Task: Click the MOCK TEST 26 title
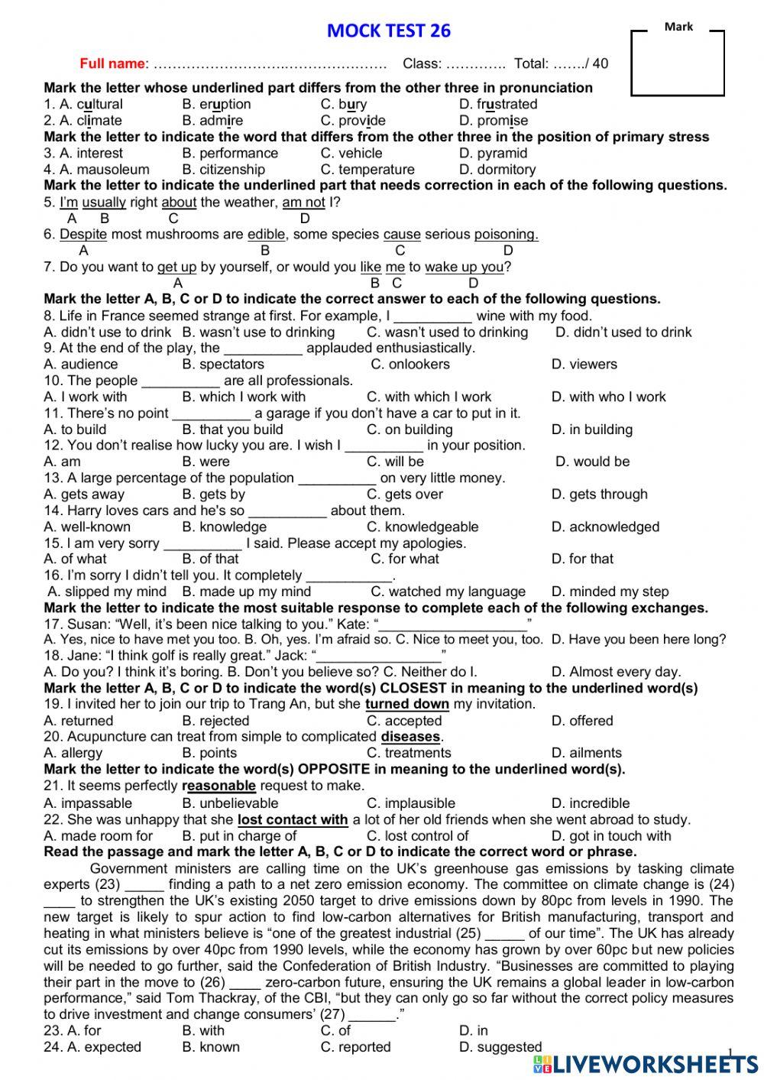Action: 388,31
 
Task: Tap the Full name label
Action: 112,63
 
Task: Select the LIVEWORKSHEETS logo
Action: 646,1063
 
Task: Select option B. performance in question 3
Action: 230,153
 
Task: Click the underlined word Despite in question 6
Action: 83,235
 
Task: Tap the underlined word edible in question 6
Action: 266,235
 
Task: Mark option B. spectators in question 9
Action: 222,365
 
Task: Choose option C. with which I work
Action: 429,397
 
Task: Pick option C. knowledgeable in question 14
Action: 422,527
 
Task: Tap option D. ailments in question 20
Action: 586,753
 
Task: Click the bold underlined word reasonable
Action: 219,786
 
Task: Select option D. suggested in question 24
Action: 500,1047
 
